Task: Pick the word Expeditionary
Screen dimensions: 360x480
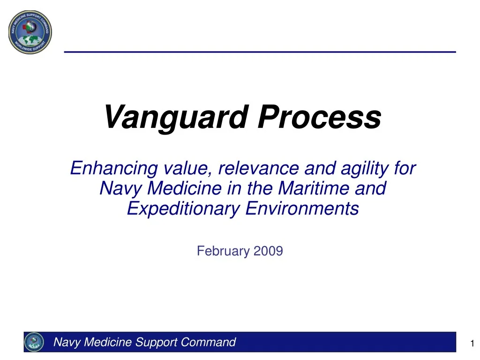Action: click(183, 209)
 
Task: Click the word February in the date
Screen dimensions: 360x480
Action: click(223, 251)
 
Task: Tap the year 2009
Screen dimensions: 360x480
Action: click(268, 251)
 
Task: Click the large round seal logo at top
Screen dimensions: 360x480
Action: click(30, 32)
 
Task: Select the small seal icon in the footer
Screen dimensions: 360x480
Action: click(34, 342)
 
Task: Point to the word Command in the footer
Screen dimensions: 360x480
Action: click(208, 342)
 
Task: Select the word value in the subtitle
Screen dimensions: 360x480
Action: click(186, 168)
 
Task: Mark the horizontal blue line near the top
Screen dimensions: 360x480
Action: click(260, 52)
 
